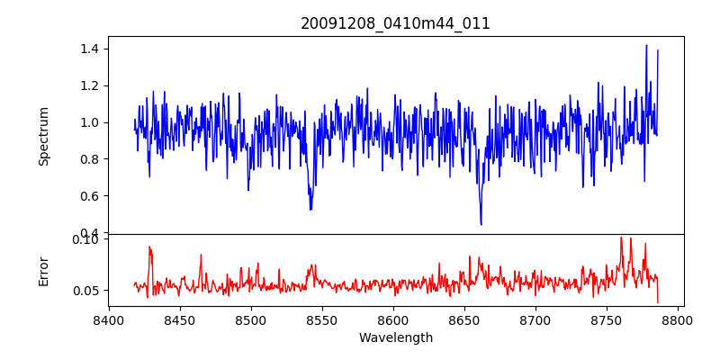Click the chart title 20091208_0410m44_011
[x=395, y=23]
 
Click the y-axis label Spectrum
[x=44, y=136]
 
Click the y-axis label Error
[x=44, y=270]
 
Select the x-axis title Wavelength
[x=395, y=338]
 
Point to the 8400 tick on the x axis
[x=109, y=319]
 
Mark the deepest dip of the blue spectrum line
[x=481, y=224]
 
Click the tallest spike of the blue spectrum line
[x=646, y=45]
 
